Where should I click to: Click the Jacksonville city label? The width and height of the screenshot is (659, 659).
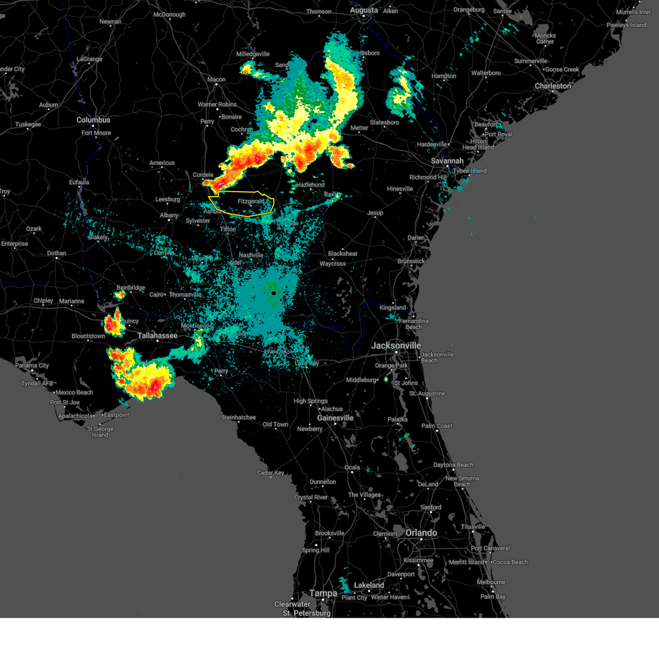click(396, 345)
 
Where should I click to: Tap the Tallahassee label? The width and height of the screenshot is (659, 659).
click(158, 336)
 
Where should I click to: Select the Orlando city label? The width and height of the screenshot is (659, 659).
click(421, 533)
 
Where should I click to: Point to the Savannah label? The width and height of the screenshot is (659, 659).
click(447, 161)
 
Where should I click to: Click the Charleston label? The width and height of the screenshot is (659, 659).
click(553, 86)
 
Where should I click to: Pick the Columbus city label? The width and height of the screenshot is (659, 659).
click(93, 120)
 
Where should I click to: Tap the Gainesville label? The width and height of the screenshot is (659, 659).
click(335, 418)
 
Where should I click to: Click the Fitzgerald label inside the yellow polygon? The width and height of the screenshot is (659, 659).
click(251, 202)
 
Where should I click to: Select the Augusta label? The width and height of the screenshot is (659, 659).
click(364, 10)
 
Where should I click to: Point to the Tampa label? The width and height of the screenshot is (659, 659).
click(323, 593)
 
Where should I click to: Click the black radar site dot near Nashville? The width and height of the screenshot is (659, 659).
click(273, 293)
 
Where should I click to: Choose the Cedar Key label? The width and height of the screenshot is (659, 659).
click(271, 473)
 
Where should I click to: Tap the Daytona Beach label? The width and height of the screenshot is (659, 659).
click(453, 465)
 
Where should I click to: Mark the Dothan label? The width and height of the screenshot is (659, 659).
click(57, 253)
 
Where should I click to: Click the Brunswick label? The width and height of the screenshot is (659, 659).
click(411, 261)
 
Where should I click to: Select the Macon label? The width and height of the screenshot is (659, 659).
click(216, 80)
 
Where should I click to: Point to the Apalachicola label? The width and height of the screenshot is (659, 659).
click(75, 416)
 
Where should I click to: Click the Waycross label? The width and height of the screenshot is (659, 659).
click(333, 264)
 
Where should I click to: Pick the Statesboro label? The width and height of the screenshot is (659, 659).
click(384, 122)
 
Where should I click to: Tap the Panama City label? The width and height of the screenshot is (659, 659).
click(32, 365)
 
